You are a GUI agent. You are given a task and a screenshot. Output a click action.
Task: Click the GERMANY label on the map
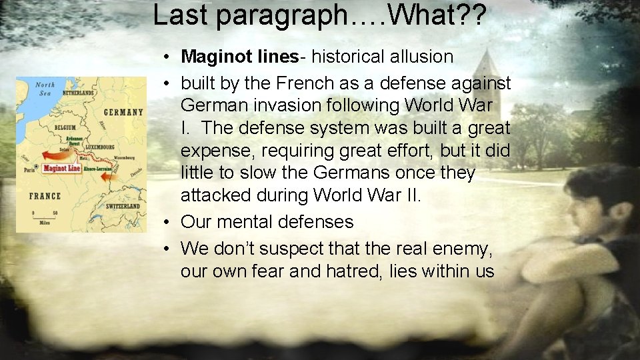click(x=124, y=112)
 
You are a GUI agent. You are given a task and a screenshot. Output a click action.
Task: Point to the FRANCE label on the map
click(x=44, y=196)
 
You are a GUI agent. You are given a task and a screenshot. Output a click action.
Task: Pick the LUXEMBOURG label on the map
click(x=101, y=147)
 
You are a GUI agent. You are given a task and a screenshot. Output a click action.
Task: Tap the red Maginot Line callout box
click(x=61, y=169)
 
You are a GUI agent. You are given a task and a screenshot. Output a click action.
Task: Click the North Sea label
click(x=45, y=89)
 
